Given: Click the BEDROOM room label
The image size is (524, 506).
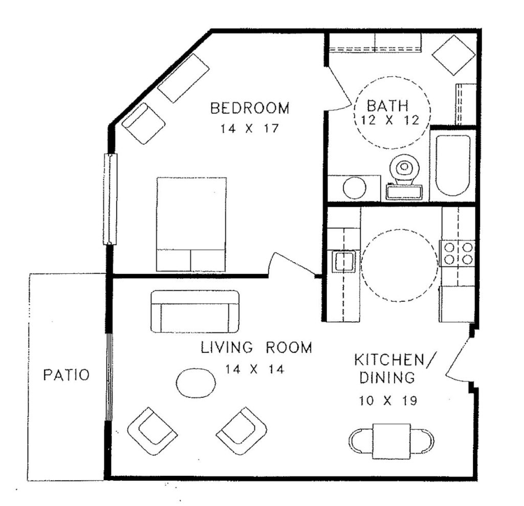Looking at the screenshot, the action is (250, 109).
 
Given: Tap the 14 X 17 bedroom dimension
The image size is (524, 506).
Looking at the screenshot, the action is (249, 129).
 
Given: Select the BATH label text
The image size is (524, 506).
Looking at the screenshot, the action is (388, 106).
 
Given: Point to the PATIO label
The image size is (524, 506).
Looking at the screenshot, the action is (67, 374).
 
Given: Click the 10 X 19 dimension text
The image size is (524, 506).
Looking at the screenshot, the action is (388, 400).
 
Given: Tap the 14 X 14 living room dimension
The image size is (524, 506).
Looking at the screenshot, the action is (255, 369).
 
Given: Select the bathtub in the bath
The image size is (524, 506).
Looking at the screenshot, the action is (453, 165).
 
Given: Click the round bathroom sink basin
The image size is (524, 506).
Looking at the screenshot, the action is (354, 188).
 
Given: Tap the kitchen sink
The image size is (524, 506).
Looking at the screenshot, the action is (343, 261).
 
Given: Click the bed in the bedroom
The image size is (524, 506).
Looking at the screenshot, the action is (191, 224).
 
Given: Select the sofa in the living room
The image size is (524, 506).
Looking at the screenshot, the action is (195, 312).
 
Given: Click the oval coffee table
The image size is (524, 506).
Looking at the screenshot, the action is (195, 383).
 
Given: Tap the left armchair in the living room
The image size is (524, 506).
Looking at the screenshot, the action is (152, 431).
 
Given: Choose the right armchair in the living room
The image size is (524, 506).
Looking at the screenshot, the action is (242, 431).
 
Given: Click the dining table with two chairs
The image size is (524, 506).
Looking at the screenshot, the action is (391, 441).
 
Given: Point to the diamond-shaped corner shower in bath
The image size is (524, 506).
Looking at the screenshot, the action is (453, 55).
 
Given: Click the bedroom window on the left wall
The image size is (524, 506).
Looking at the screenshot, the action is (110, 199).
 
